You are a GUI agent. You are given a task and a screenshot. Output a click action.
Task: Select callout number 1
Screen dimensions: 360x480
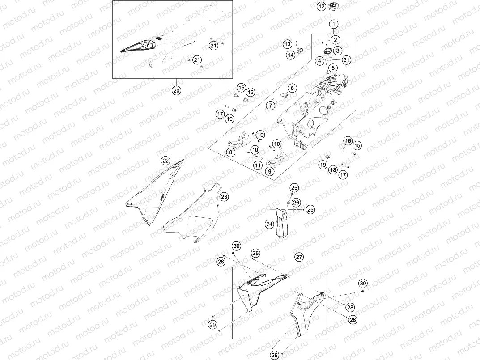(x=335, y=23)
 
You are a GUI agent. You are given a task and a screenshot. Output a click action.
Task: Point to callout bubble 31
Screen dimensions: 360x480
(x=346, y=60)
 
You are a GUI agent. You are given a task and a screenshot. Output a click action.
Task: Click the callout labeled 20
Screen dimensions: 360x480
(x=176, y=90)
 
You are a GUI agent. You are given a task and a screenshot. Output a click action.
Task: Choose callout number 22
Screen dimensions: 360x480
(x=166, y=160)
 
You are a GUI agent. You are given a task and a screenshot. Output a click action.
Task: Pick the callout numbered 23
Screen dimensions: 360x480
(x=224, y=196)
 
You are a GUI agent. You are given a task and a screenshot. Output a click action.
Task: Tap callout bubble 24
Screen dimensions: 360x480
(x=268, y=224)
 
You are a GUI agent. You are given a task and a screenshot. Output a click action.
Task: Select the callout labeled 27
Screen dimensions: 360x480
(x=299, y=257)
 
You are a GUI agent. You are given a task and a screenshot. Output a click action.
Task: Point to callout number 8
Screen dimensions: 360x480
(x=231, y=152)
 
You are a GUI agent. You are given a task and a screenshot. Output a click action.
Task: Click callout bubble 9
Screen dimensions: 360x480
(x=269, y=171)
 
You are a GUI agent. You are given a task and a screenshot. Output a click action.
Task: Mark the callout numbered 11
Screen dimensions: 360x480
(x=257, y=165)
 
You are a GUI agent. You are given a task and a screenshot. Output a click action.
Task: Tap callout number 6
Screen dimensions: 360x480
(x=292, y=88)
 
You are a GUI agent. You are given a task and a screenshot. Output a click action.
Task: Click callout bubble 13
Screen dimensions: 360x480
(x=288, y=44)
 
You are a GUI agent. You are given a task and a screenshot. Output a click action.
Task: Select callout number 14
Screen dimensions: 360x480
(x=291, y=55)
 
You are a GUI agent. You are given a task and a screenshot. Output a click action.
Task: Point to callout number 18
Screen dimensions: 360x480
(x=332, y=170)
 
